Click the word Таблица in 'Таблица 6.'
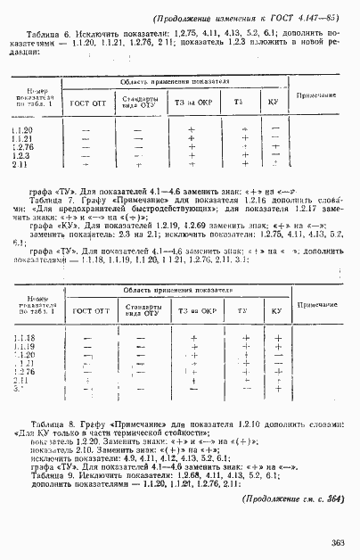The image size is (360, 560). [x=32, y=33]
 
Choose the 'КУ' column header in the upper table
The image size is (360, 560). [x=274, y=103]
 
